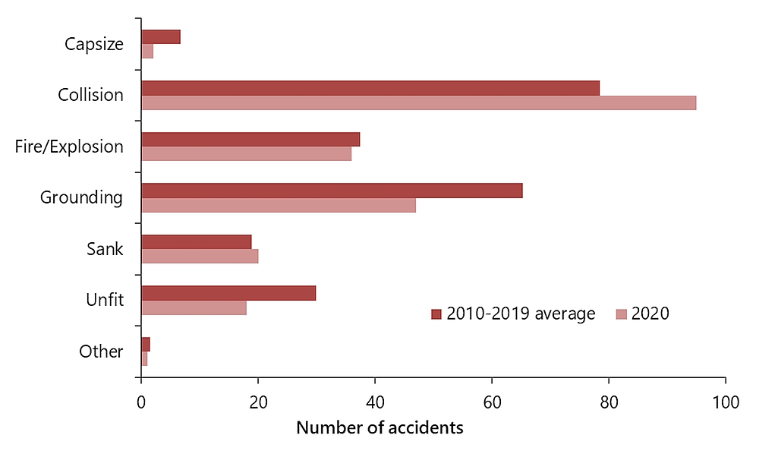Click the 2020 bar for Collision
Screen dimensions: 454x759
tap(418, 102)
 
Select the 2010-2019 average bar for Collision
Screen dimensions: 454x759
tap(370, 88)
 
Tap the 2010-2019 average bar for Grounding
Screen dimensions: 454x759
tap(332, 191)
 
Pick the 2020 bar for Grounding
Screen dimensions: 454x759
tap(279, 205)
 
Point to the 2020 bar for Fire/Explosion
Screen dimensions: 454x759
tap(246, 153)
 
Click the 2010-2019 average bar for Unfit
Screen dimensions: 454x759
tap(228, 293)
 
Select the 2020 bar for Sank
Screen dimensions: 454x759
tap(200, 256)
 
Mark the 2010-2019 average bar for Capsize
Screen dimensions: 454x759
tap(161, 36)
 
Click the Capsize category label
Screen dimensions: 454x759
tap(94, 44)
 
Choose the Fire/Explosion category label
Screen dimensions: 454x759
tap(69, 147)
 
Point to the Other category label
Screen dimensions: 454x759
tap(101, 352)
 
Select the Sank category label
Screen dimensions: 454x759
tap(106, 249)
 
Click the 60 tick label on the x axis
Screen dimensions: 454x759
tap(492, 402)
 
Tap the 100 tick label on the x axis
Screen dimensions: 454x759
tap(726, 402)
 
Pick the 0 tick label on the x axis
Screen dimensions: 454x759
tap(141, 402)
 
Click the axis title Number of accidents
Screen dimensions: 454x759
tap(379, 428)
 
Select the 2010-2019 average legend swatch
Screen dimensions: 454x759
tap(436, 314)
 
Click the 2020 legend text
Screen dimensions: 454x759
tap(650, 314)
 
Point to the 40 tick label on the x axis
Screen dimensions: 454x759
tap(375, 402)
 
